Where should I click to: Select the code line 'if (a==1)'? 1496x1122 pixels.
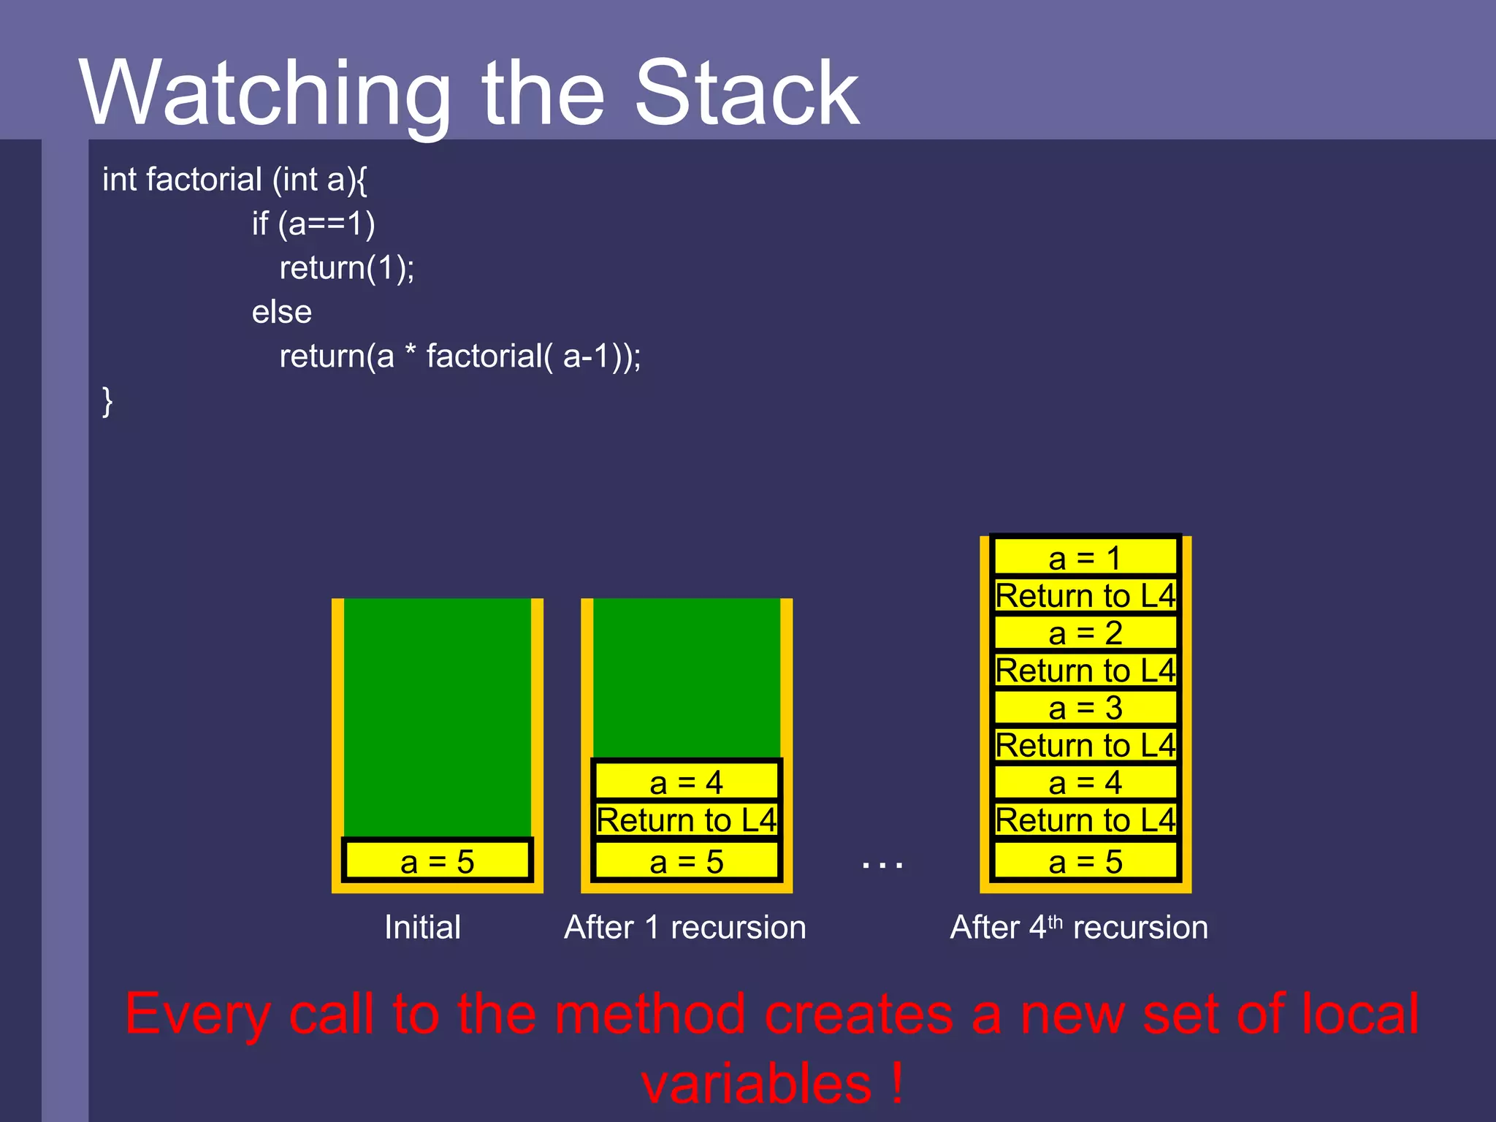(313, 224)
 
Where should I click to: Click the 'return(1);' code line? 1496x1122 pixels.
(347, 268)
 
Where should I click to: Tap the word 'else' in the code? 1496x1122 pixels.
(282, 313)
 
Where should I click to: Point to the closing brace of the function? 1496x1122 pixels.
(107, 401)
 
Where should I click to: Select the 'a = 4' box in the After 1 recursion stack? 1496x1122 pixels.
(686, 782)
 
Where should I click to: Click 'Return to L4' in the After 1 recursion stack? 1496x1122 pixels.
(686, 820)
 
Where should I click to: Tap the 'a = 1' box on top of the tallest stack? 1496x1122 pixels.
(1085, 559)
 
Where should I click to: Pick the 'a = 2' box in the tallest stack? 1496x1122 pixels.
(1085, 633)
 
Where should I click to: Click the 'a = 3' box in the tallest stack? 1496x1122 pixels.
(1085, 708)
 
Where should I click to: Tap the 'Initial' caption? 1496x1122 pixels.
(422, 928)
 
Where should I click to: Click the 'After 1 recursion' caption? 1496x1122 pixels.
(685, 928)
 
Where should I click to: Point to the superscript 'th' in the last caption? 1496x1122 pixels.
(1056, 921)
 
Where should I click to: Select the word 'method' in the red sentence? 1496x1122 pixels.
(651, 1015)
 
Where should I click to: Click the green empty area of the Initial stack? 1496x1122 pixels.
(437, 716)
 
